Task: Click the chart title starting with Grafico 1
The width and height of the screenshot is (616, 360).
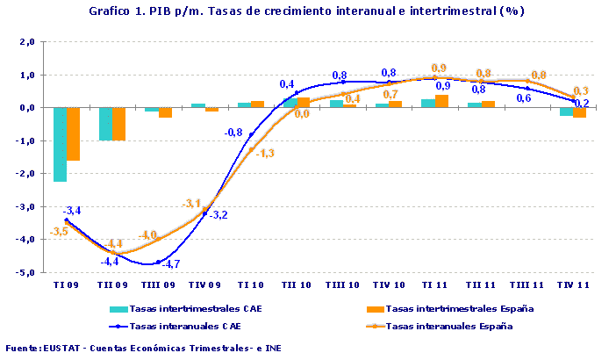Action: [x=307, y=11]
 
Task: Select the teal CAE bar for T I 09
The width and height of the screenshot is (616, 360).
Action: [x=60, y=144]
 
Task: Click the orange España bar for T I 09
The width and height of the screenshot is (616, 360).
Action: [x=74, y=133]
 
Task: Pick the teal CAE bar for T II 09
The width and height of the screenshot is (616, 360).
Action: [x=105, y=124]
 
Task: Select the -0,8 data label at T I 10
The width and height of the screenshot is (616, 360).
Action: [x=234, y=133]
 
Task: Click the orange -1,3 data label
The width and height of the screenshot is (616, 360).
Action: [x=266, y=153]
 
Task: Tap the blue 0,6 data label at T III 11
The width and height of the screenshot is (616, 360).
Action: [x=523, y=98]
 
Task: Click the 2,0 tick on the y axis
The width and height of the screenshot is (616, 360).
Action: [x=26, y=42]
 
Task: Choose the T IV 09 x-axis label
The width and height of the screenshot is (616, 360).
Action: [x=204, y=285]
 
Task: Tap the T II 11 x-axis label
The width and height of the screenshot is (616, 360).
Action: [x=479, y=285]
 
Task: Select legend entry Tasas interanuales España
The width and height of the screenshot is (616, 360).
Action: [x=448, y=326]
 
